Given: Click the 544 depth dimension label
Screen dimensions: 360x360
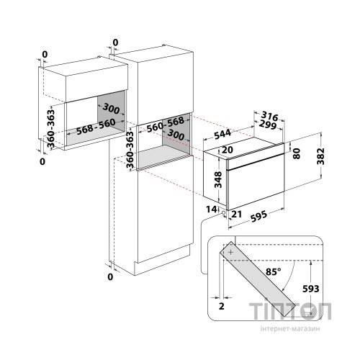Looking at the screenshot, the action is click(x=222, y=135).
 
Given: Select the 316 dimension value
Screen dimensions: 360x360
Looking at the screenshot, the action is click(x=269, y=117).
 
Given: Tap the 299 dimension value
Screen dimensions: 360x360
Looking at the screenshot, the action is click(x=268, y=125).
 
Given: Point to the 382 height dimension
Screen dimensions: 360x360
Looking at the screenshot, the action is click(x=320, y=156).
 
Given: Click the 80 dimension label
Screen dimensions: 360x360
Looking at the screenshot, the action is click(x=297, y=153).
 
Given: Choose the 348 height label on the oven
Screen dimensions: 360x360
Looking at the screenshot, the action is click(x=218, y=179).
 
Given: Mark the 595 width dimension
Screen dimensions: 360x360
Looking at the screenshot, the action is click(x=258, y=216).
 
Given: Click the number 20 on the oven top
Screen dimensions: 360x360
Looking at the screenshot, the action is click(x=228, y=150).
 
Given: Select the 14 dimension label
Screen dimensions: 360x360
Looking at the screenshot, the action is click(x=211, y=210).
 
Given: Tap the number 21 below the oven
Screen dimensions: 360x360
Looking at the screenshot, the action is click(x=236, y=214).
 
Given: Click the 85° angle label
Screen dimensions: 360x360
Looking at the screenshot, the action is click(x=273, y=271).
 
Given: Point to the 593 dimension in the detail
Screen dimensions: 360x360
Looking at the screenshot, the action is click(x=310, y=289).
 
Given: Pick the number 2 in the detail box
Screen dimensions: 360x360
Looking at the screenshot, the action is click(x=222, y=306).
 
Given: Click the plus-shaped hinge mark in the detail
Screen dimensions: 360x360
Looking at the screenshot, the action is click(x=230, y=252).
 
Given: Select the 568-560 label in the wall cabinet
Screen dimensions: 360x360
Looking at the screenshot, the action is click(x=96, y=127).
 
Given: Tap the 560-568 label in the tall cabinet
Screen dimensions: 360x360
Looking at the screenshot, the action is click(x=166, y=125).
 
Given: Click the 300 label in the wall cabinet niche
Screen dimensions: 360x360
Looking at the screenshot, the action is click(x=111, y=109).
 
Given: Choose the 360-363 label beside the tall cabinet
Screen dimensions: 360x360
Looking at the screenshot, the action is click(x=130, y=149).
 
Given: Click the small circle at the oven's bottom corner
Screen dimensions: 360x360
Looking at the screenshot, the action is click(x=224, y=212).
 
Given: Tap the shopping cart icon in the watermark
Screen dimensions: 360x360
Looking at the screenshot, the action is click(x=307, y=312).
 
